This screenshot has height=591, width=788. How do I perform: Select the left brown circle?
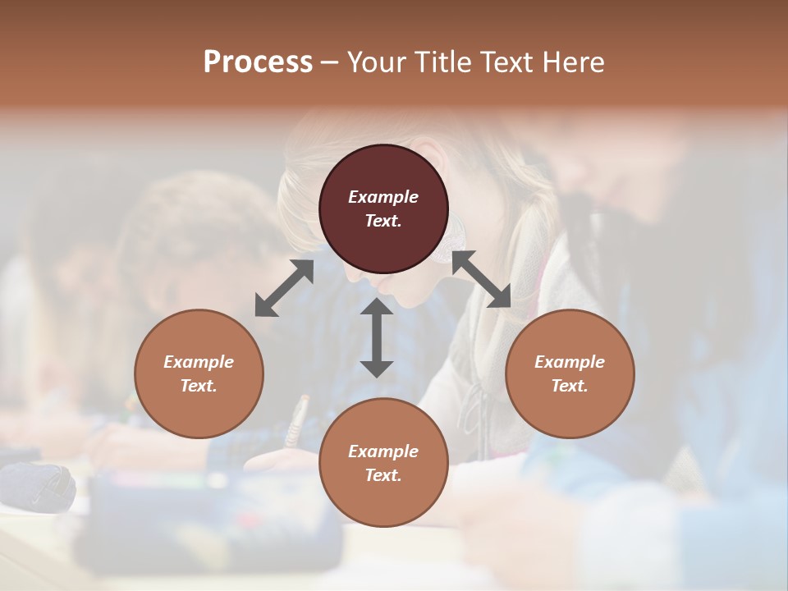point(199,373)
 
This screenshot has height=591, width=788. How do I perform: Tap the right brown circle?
point(570,373)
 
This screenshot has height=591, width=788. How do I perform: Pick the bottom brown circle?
point(383,463)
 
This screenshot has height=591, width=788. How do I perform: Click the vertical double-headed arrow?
point(377,337)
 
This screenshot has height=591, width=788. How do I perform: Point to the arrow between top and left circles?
point(284,288)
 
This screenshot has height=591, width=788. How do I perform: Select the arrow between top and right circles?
point(481,279)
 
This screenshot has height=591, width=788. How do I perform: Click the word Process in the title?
point(258,62)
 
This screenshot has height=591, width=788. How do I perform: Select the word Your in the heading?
point(377,62)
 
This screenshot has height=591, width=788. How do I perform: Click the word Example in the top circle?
point(383,197)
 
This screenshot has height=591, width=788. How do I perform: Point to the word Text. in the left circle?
point(199,386)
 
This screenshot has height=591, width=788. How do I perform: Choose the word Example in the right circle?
point(570,362)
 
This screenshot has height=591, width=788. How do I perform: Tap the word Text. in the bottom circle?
point(383,475)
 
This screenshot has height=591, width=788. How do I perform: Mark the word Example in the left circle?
point(199,362)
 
